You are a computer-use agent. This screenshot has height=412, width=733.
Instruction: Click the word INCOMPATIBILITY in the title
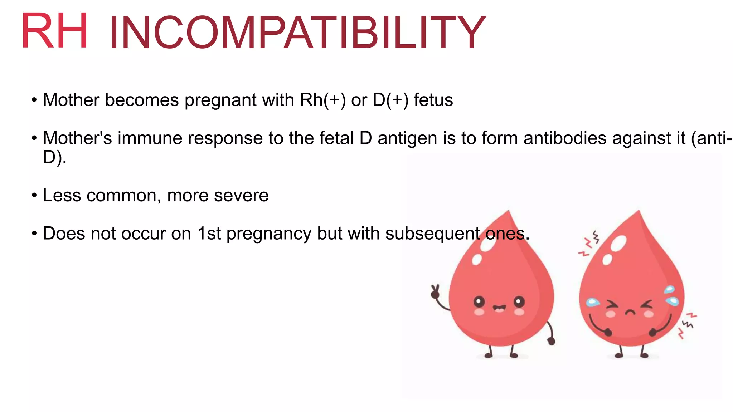click(297, 33)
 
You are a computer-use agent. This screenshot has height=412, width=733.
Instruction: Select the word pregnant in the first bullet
click(220, 100)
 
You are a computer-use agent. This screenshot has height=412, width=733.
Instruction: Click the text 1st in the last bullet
click(209, 234)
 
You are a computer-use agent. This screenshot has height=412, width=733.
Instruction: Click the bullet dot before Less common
click(34, 195)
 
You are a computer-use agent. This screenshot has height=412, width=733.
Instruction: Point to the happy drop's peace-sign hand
click(435, 292)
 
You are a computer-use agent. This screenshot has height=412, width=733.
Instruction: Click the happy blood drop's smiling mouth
click(499, 308)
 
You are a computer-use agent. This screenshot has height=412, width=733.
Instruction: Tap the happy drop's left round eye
click(479, 302)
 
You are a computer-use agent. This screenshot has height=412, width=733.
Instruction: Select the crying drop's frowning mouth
click(630, 312)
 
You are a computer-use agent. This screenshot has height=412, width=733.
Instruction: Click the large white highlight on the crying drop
click(618, 244)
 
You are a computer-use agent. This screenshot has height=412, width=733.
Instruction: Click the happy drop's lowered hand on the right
click(552, 341)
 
